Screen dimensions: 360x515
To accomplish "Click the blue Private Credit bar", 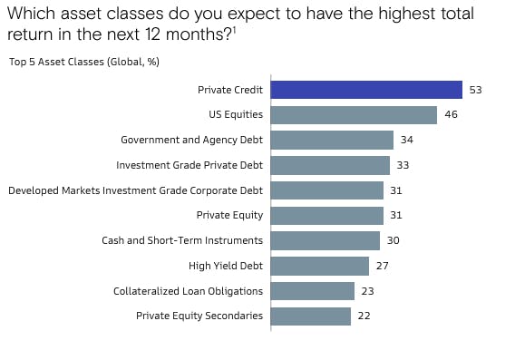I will click(x=366, y=90).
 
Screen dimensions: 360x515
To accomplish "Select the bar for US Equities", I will click(x=354, y=115).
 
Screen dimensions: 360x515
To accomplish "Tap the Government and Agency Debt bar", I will click(x=332, y=140).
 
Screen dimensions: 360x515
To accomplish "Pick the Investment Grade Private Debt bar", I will click(x=330, y=165).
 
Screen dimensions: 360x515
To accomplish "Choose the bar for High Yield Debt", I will click(x=320, y=266).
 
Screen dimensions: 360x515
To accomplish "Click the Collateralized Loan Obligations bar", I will click(x=313, y=291).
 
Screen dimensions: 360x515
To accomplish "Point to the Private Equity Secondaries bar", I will click(x=311, y=316).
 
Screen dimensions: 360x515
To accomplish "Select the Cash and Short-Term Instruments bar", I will click(x=326, y=240).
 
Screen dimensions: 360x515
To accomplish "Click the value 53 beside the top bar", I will click(x=475, y=90).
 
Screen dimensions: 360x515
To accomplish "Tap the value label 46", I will click(x=450, y=115).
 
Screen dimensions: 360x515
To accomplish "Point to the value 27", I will click(x=382, y=266).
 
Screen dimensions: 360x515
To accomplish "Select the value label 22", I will click(x=364, y=316).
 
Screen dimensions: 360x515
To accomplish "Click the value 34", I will click(x=406, y=140).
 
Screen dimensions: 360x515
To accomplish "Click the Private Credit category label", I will click(x=230, y=90).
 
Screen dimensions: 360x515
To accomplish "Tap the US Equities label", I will click(x=236, y=115).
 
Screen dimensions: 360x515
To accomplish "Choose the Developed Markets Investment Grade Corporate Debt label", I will click(x=135, y=190).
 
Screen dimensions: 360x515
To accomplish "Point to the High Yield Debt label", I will click(x=226, y=266).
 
